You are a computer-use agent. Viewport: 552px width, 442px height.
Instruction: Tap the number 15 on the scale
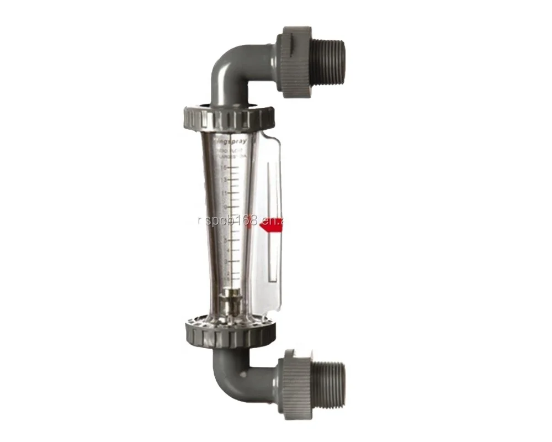224,167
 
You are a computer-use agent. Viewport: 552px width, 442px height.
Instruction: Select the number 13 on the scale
224,180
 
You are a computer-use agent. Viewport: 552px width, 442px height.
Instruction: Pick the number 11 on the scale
224,193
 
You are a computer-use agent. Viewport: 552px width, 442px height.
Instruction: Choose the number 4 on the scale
225,250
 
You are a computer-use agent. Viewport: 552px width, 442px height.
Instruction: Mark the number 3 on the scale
225,260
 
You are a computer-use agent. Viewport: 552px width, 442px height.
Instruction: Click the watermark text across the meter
243,221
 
